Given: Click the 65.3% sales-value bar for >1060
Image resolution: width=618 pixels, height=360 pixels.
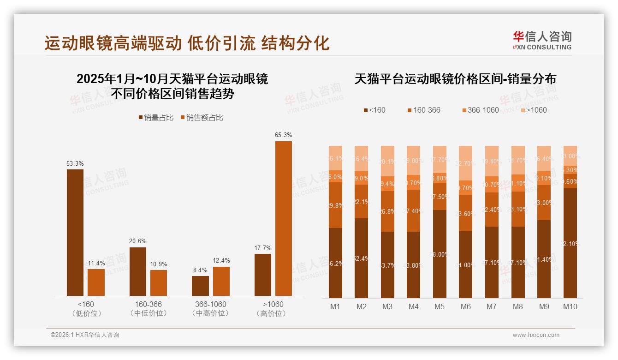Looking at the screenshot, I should pyautogui.click(x=284, y=218).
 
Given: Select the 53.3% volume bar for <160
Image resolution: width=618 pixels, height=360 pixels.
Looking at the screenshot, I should pyautogui.click(x=75, y=232).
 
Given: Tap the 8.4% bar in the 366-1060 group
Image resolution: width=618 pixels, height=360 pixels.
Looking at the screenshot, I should pyautogui.click(x=200, y=286).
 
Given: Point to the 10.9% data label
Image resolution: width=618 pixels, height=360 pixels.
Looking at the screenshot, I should pyautogui.click(x=159, y=264).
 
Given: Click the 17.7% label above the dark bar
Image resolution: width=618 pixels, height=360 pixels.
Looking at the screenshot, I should pyautogui.click(x=263, y=248).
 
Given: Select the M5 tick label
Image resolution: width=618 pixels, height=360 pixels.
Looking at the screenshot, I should pyautogui.click(x=439, y=306).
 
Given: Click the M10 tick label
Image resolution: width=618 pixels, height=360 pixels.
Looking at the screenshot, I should pyautogui.click(x=570, y=306).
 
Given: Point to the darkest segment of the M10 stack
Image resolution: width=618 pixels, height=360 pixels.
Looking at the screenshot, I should pyautogui.click(x=570, y=243).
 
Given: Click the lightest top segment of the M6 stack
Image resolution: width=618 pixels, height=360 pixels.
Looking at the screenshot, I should pyautogui.click(x=465, y=163).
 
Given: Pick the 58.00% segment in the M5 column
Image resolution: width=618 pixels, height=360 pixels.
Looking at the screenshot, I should pyautogui.click(x=439, y=254).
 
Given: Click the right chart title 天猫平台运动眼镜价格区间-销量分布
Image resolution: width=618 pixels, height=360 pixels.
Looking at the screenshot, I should pyautogui.click(x=455, y=79).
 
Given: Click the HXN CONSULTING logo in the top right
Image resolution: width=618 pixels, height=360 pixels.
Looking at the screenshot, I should pyautogui.click(x=542, y=41).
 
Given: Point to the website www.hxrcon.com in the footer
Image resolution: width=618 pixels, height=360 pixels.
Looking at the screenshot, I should pyautogui.click(x=536, y=335).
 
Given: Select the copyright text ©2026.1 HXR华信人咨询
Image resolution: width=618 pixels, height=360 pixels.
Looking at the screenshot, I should pyautogui.click(x=85, y=335).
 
